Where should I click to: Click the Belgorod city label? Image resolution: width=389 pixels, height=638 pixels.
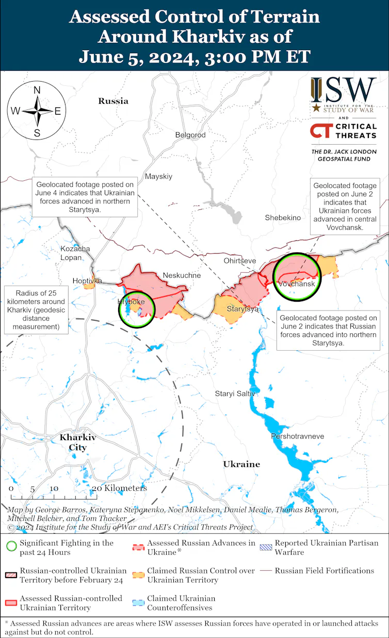[190, 135]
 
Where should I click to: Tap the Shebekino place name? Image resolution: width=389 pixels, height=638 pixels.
[283, 217]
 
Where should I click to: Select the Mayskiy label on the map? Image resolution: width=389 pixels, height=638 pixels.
[158, 176]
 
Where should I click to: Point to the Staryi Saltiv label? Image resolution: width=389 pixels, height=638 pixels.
[235, 394]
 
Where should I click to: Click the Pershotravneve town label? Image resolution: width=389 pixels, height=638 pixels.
[298, 437]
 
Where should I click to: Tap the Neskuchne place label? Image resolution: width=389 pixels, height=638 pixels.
[182, 275]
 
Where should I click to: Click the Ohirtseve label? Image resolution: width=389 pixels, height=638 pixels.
[240, 261]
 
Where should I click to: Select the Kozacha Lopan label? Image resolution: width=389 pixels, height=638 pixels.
[75, 253]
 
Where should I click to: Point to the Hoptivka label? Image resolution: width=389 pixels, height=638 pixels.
[87, 281]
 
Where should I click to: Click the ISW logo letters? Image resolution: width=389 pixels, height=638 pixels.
[343, 90]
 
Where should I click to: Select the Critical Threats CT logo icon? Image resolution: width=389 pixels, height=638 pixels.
[320, 131]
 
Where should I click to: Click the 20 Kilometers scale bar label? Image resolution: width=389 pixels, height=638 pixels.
[119, 488]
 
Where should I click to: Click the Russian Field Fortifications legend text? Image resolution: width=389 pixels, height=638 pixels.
[325, 571]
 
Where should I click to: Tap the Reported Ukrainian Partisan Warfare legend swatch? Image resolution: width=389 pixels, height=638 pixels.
[266, 547]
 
